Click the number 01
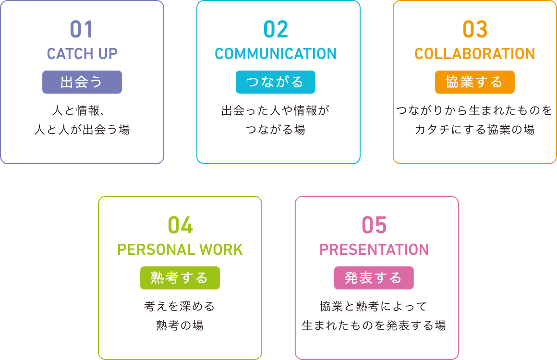tap(82, 29)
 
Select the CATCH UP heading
tap(82, 54)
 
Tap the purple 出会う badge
tap(82, 82)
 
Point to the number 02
tap(276, 29)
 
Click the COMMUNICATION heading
tap(276, 54)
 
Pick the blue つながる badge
tap(276, 82)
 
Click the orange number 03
tap(475, 29)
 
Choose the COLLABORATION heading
tap(475, 54)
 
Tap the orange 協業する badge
tap(475, 82)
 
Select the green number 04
tap(181, 225)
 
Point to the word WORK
tap(221, 250)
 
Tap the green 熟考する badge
tap(180, 278)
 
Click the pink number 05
tap(374, 225)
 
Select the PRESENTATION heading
tap(374, 250)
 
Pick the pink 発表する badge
tap(374, 278)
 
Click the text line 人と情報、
tap(78, 110)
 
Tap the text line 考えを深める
tap(180, 306)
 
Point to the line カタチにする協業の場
tap(474, 130)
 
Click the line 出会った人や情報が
tap(276, 110)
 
